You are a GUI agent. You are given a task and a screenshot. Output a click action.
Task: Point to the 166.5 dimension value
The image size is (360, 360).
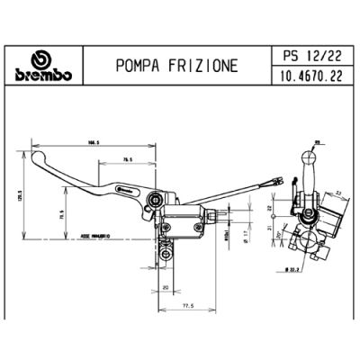[x=93, y=141]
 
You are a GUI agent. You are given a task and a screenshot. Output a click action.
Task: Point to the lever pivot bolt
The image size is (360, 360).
[x=157, y=201]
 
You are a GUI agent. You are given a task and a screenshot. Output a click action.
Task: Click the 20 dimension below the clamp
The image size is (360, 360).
[x=166, y=287]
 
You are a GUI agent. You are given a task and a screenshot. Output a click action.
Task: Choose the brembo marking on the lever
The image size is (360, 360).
[x=124, y=192]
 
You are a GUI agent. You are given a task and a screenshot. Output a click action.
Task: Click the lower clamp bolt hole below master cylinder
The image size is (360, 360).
[x=165, y=255]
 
